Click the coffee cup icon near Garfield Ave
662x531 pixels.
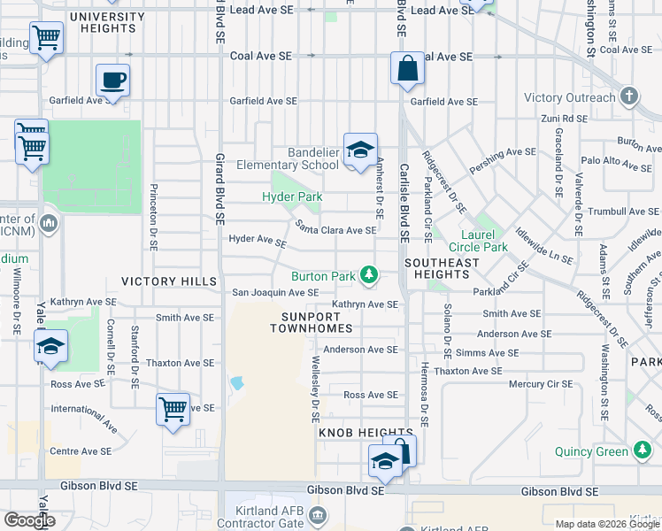(112, 81)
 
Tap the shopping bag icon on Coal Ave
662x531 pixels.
(407, 69)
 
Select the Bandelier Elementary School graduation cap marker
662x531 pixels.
(360, 150)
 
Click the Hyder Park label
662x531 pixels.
(291, 196)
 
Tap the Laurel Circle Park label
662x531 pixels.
(478, 240)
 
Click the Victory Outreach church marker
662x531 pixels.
(628, 97)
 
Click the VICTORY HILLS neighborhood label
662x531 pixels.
(169, 281)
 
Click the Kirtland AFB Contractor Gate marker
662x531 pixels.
(319, 514)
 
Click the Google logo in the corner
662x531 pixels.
(29, 520)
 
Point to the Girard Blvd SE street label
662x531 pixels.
(219, 186)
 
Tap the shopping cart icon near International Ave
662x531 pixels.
(173, 410)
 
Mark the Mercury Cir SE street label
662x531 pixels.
(542, 384)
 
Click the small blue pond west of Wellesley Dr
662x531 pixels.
(235, 384)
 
